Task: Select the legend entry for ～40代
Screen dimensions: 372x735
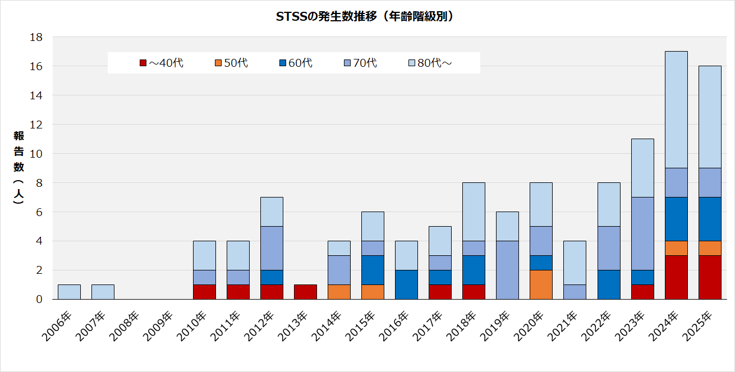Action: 162,63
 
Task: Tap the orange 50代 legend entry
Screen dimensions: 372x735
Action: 231,63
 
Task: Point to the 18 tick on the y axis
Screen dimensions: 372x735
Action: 36,37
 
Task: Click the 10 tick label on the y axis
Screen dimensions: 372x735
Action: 36,154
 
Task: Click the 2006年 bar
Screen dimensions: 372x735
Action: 69,292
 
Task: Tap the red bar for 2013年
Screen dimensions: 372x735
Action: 305,292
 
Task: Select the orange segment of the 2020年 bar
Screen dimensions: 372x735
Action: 541,284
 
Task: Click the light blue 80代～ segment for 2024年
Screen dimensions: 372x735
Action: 676,109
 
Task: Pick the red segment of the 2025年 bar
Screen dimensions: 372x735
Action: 710,277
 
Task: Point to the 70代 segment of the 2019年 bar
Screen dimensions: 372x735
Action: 508,270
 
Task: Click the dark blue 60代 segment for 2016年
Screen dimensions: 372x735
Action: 406,284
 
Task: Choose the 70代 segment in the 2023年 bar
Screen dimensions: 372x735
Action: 642,233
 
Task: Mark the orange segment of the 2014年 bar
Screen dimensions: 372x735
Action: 339,292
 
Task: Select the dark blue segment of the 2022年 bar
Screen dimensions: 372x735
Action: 609,284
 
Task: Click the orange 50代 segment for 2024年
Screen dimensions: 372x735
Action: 676,248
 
